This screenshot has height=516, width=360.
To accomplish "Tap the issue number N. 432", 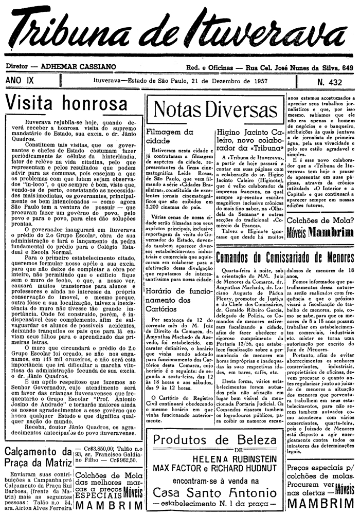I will tap(331, 82).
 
